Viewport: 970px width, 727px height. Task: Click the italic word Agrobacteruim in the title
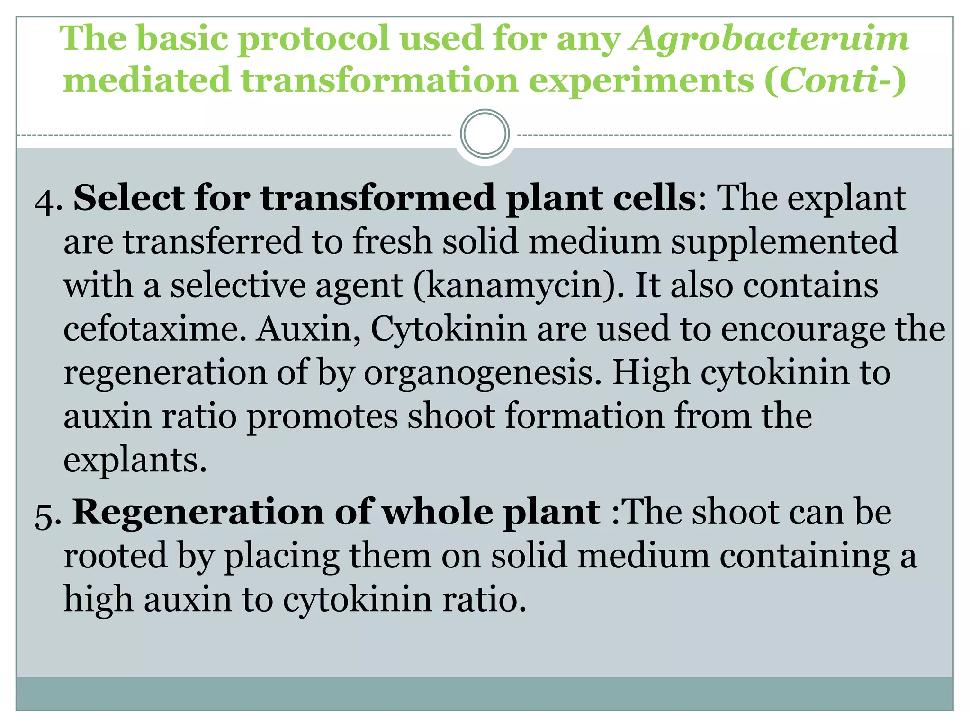point(768,39)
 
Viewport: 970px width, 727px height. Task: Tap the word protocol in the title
point(313,39)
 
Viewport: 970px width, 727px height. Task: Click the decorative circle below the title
point(485,134)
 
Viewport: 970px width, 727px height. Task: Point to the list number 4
point(47,200)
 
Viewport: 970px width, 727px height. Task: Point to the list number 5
point(47,514)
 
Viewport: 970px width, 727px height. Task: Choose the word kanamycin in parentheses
point(514,286)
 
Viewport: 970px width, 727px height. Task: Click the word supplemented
point(784,241)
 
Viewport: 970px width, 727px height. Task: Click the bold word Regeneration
point(198,513)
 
